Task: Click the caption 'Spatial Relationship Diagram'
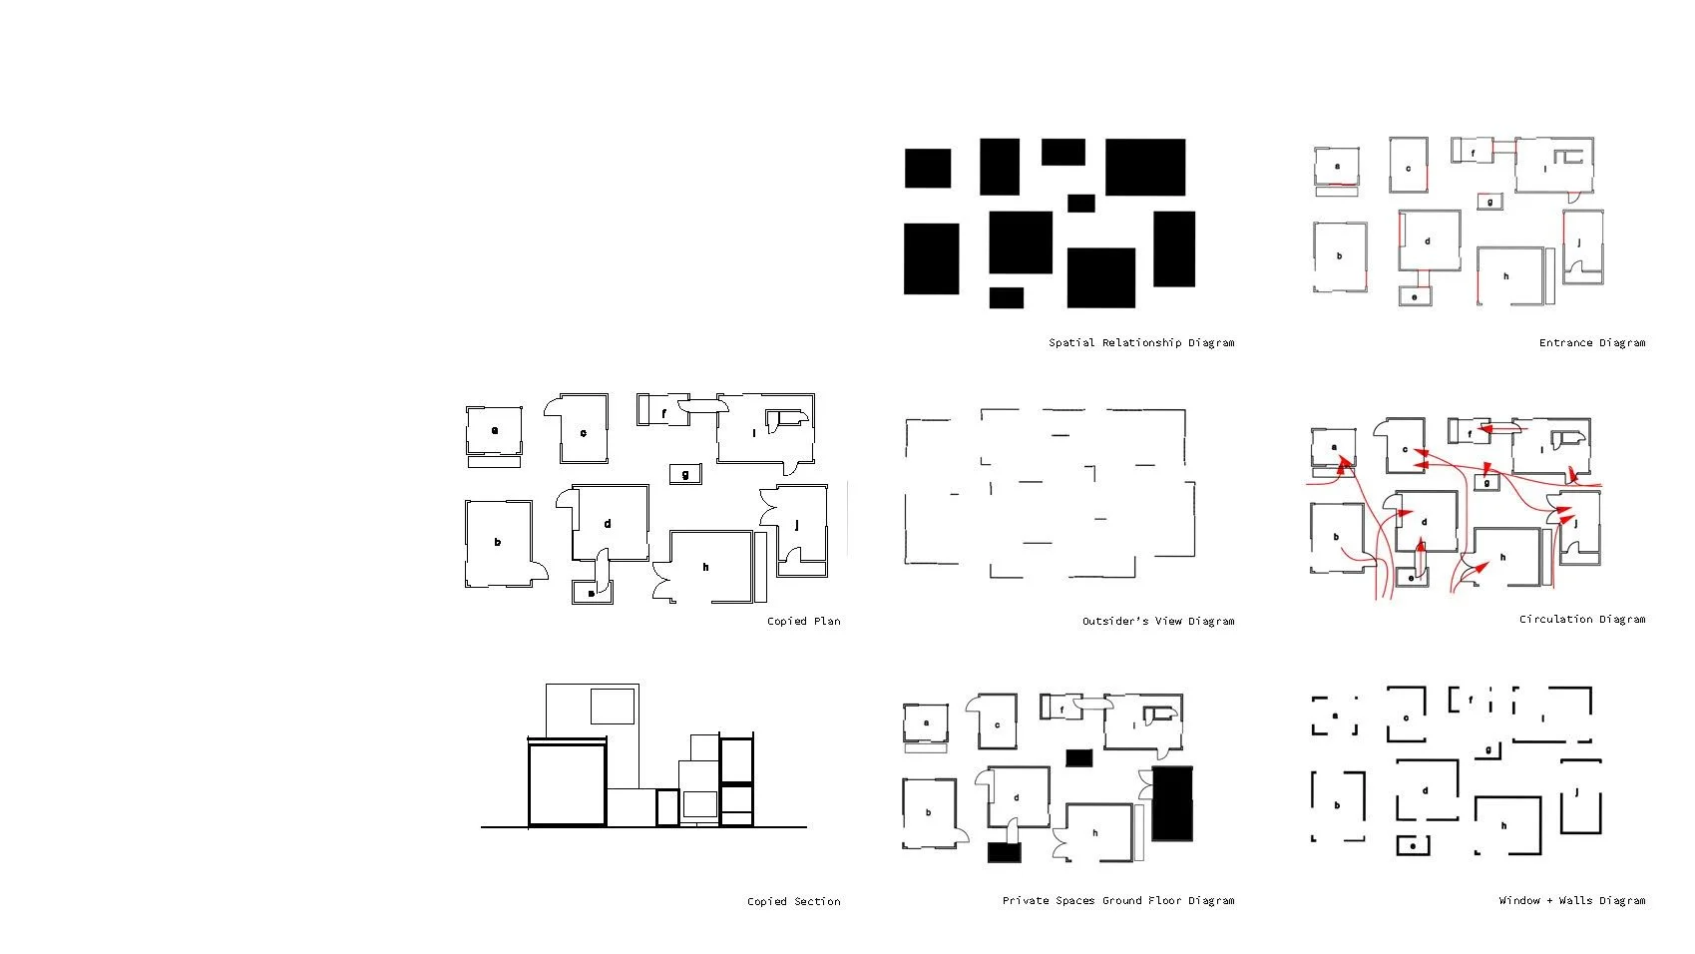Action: click(1140, 342)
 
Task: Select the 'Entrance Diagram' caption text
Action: click(1591, 342)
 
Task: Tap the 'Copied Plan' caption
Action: click(803, 621)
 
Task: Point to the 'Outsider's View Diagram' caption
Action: click(1157, 621)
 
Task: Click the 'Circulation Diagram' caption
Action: click(1581, 619)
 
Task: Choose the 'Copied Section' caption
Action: click(793, 901)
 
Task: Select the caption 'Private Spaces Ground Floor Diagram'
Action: click(1117, 900)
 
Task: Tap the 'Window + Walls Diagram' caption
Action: click(1571, 900)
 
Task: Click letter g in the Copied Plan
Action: click(684, 474)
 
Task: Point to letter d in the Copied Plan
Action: click(607, 523)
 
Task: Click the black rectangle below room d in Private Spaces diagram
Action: click(1005, 852)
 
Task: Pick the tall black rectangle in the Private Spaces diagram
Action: click(1172, 804)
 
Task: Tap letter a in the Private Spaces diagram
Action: click(926, 722)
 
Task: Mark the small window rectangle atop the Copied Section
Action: click(614, 706)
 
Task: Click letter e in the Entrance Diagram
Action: click(1414, 296)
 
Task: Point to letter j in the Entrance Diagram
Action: click(1578, 242)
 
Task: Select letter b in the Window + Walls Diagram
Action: click(1337, 805)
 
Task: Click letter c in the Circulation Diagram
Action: click(1405, 450)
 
